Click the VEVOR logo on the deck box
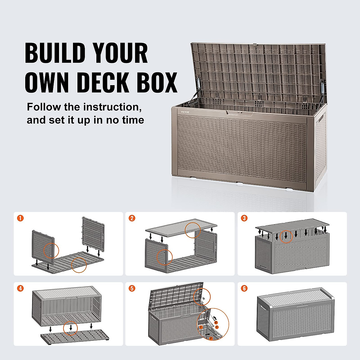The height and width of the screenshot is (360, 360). pyautogui.click(x=185, y=112)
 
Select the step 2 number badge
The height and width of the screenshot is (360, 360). pyautogui.click(x=132, y=218)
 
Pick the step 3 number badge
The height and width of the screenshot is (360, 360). pyautogui.click(x=244, y=218)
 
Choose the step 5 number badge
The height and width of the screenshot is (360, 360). pyautogui.click(x=132, y=288)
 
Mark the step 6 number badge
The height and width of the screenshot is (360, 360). pyautogui.click(x=244, y=288)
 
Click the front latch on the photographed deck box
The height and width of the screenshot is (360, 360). pyautogui.click(x=239, y=112)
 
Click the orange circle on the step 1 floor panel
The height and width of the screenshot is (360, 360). pyautogui.click(x=79, y=265)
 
